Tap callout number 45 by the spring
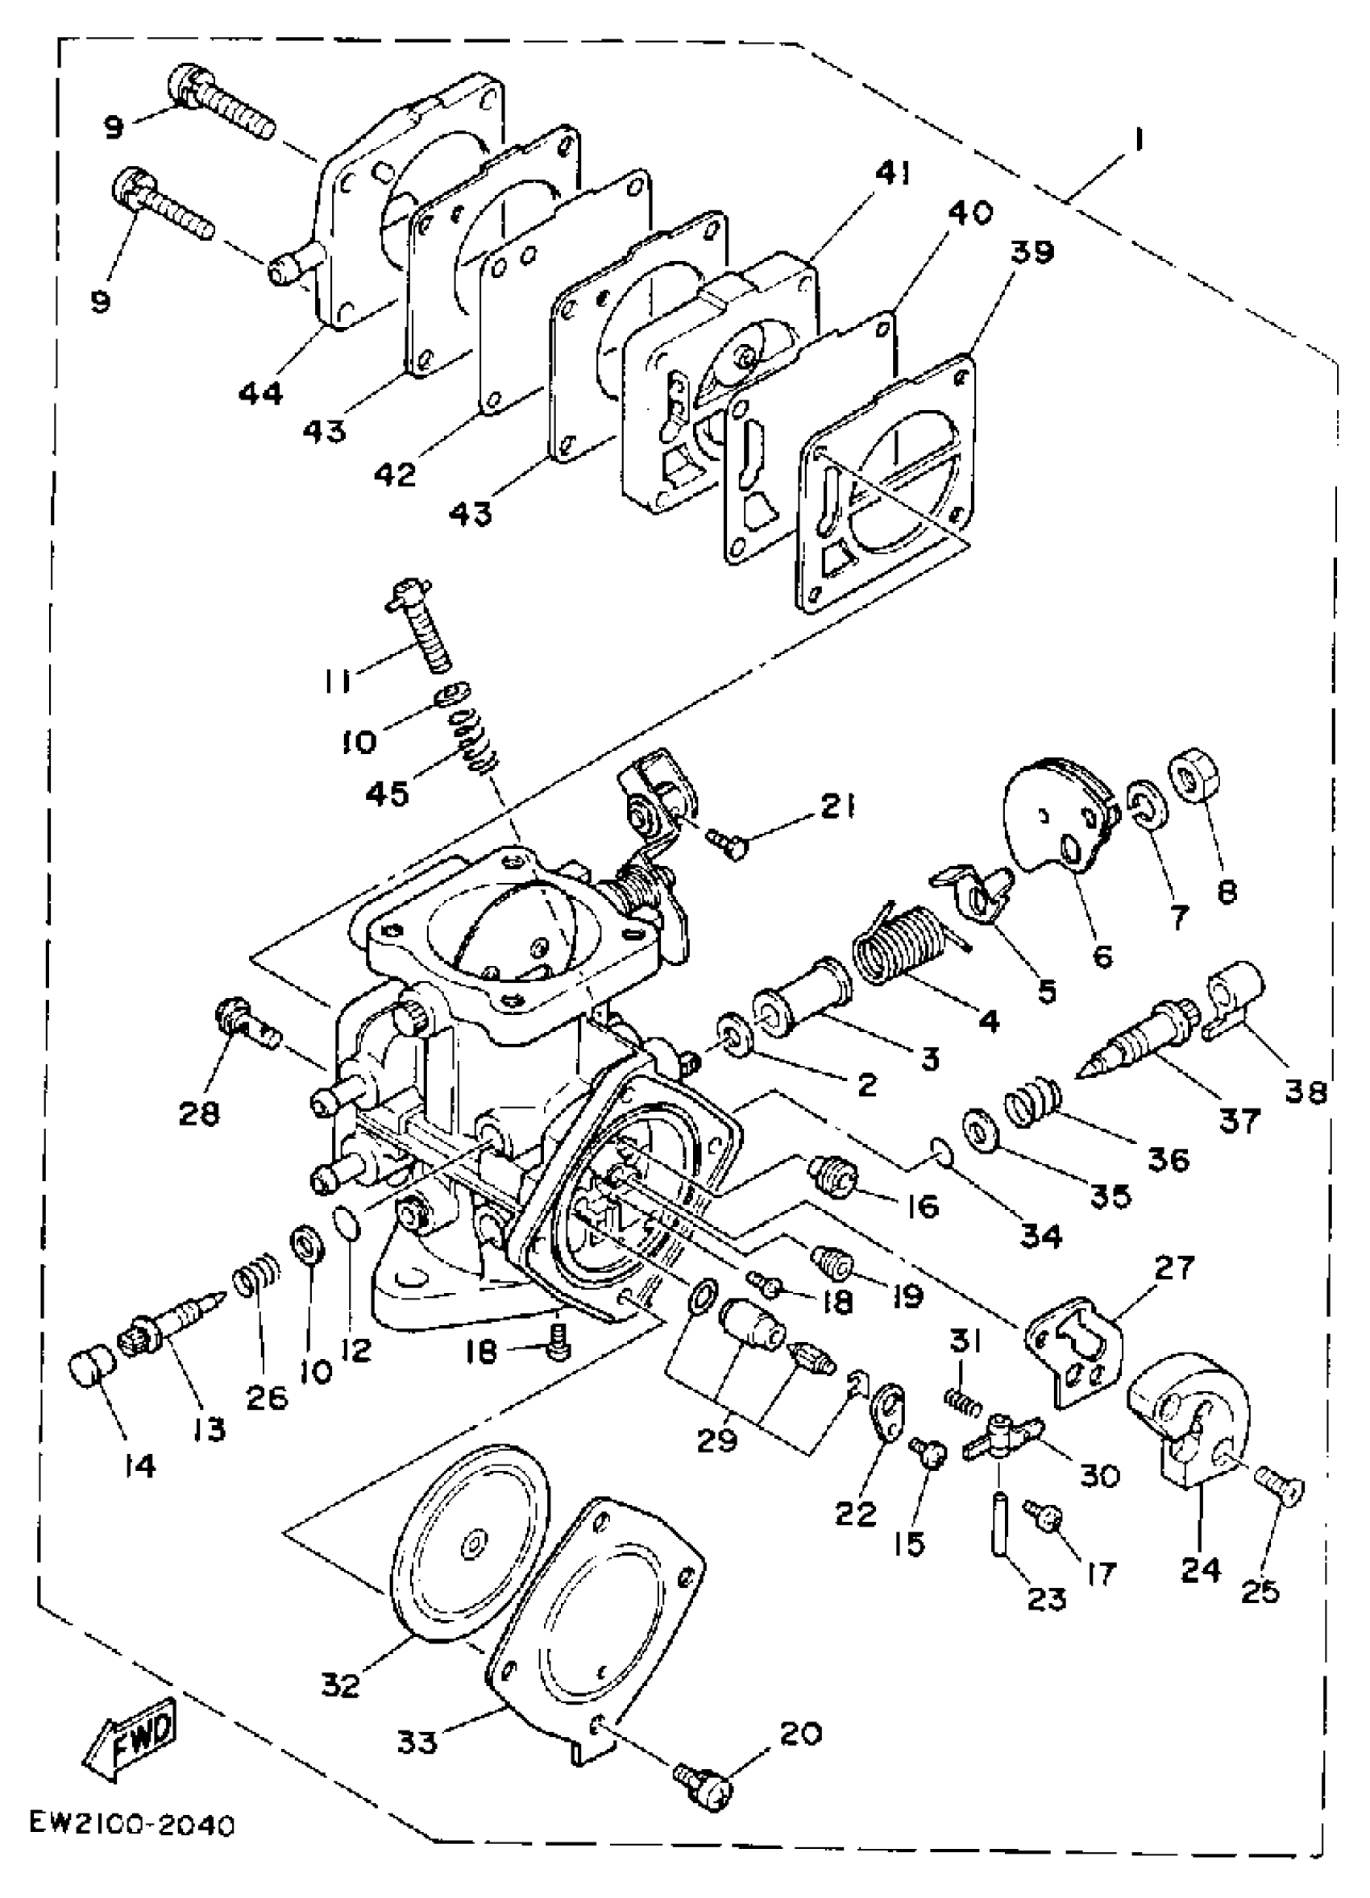click(388, 793)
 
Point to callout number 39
click(1032, 252)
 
